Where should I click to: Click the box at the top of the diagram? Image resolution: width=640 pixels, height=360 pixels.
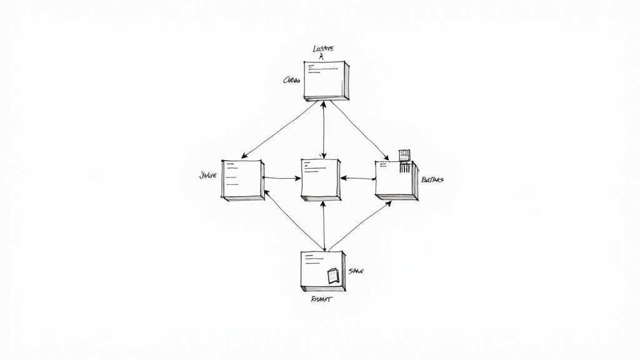326,80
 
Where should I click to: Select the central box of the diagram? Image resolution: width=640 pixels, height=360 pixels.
321,179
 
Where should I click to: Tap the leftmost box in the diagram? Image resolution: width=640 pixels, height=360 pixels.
242,179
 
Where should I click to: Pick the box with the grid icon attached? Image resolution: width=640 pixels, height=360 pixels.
396,180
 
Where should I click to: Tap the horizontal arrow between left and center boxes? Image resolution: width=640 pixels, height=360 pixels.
282,178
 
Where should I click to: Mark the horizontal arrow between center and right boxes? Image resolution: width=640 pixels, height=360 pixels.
357,179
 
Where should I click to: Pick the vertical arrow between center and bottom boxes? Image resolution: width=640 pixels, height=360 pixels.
322,226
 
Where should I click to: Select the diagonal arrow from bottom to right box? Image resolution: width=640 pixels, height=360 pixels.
358,225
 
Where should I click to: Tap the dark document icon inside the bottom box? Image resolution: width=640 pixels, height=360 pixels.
332,276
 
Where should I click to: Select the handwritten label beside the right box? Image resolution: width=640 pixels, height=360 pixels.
432,180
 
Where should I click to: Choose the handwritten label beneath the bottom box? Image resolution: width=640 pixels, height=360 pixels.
322,299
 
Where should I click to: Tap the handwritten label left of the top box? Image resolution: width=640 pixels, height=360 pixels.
291,80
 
